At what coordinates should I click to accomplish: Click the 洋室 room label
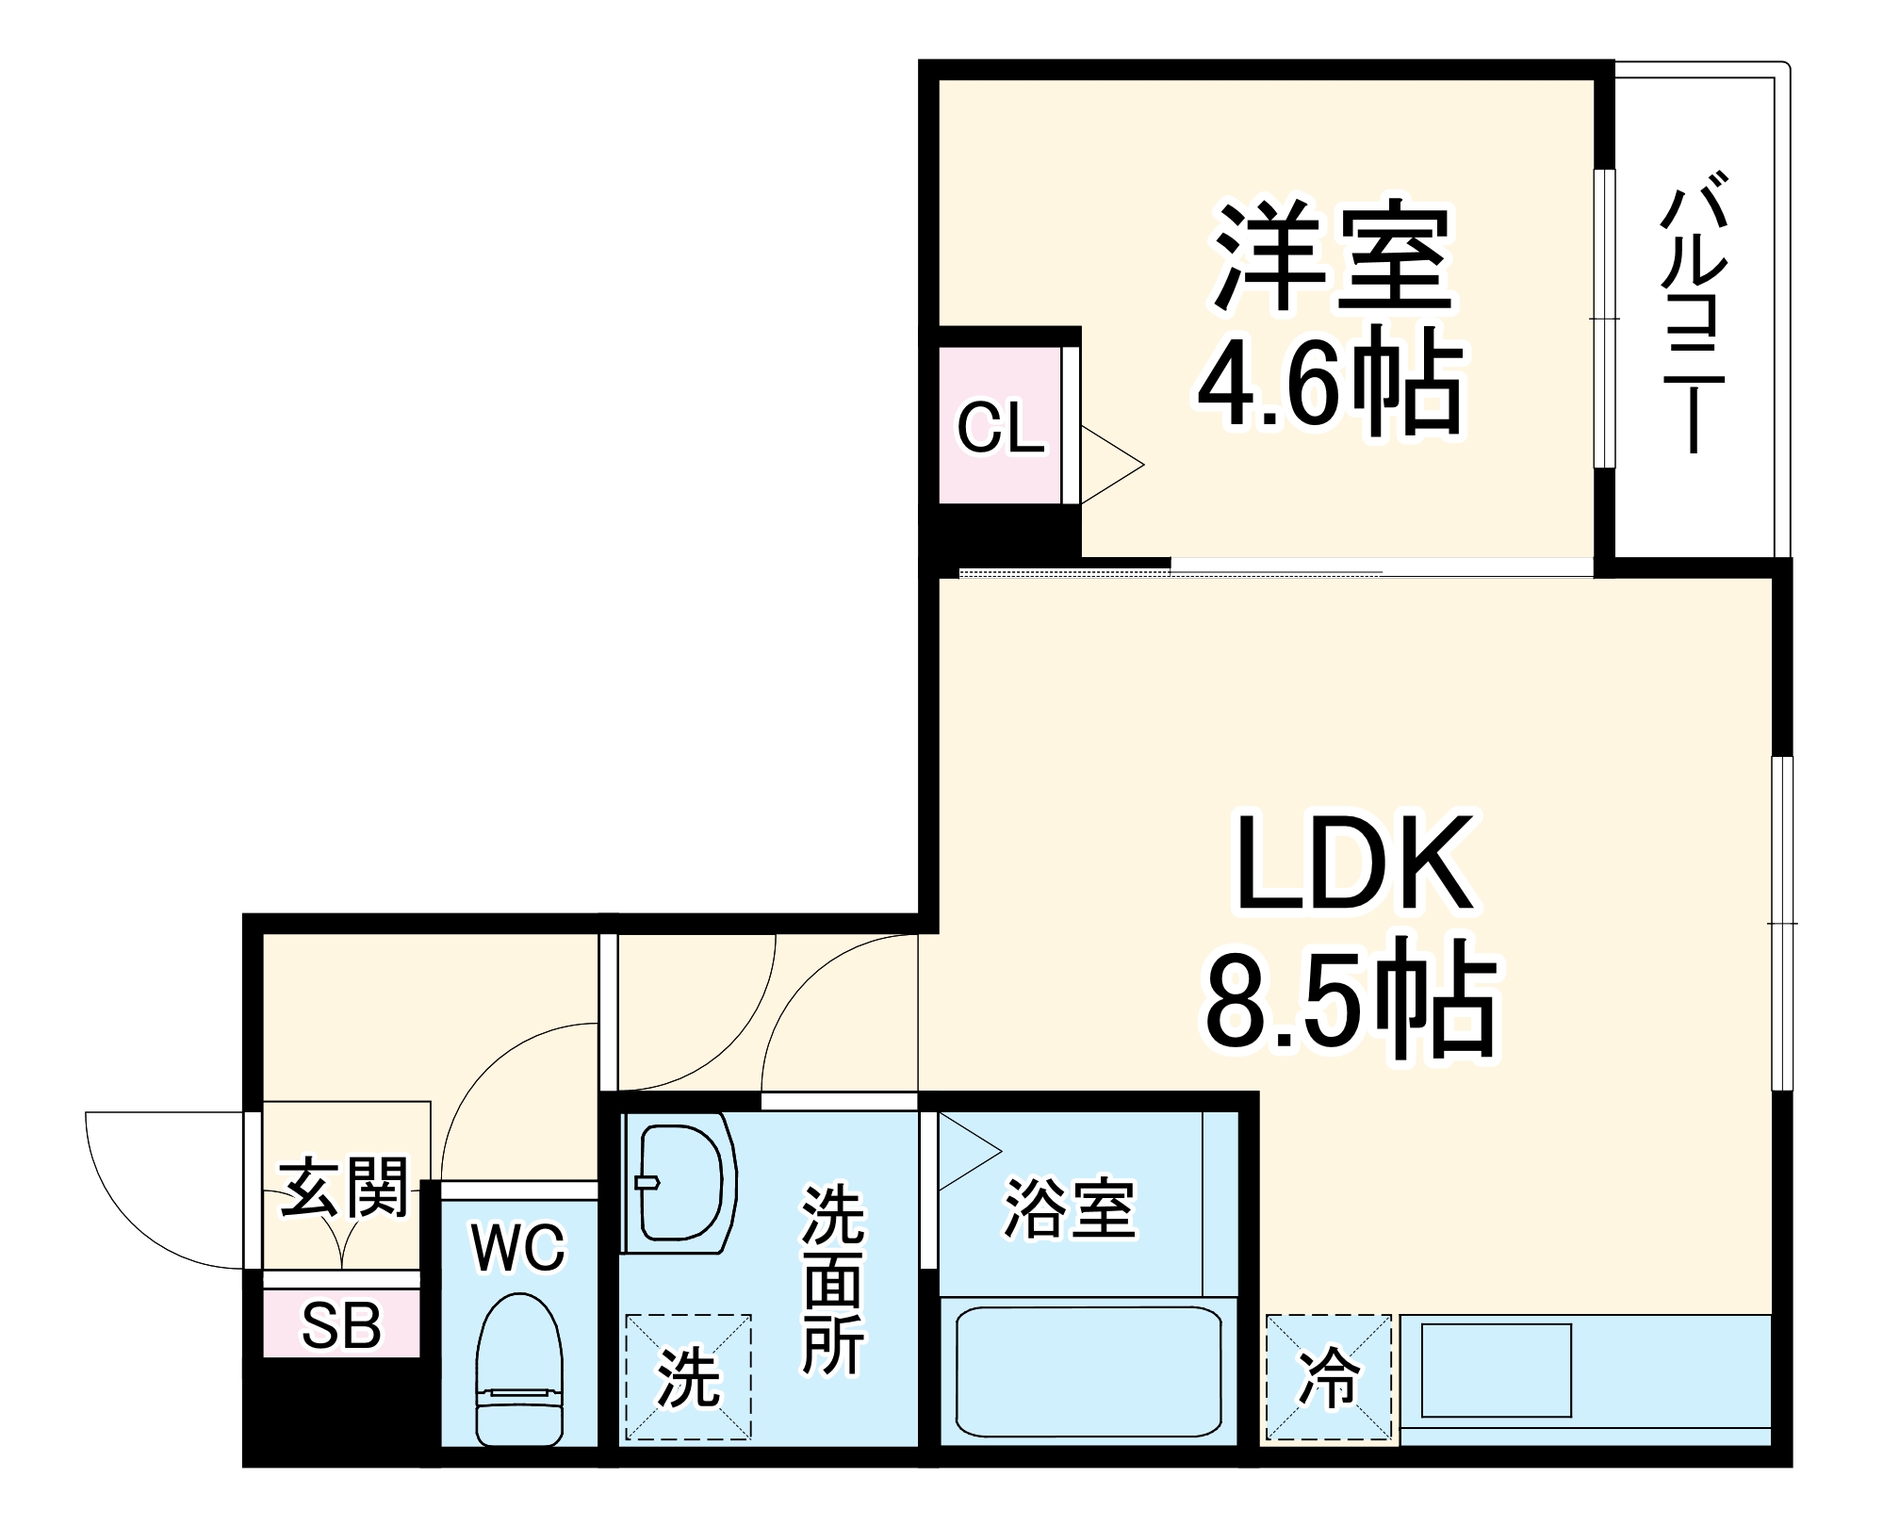(1332, 256)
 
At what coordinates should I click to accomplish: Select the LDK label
(1353, 862)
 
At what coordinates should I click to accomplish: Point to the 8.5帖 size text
(1351, 1002)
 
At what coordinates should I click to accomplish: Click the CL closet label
(1000, 429)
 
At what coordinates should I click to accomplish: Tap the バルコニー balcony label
(1694, 312)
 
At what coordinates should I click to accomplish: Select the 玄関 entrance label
(344, 1188)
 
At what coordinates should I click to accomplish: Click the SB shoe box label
(341, 1325)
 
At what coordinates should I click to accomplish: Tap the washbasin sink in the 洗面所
(680, 1182)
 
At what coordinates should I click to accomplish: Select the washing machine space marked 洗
(688, 1377)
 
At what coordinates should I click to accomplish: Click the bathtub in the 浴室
(1089, 1371)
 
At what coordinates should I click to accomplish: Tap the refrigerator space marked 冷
(1328, 1377)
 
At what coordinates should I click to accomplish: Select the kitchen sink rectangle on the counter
(1496, 1370)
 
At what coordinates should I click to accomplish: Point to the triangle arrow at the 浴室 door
(967, 1152)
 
